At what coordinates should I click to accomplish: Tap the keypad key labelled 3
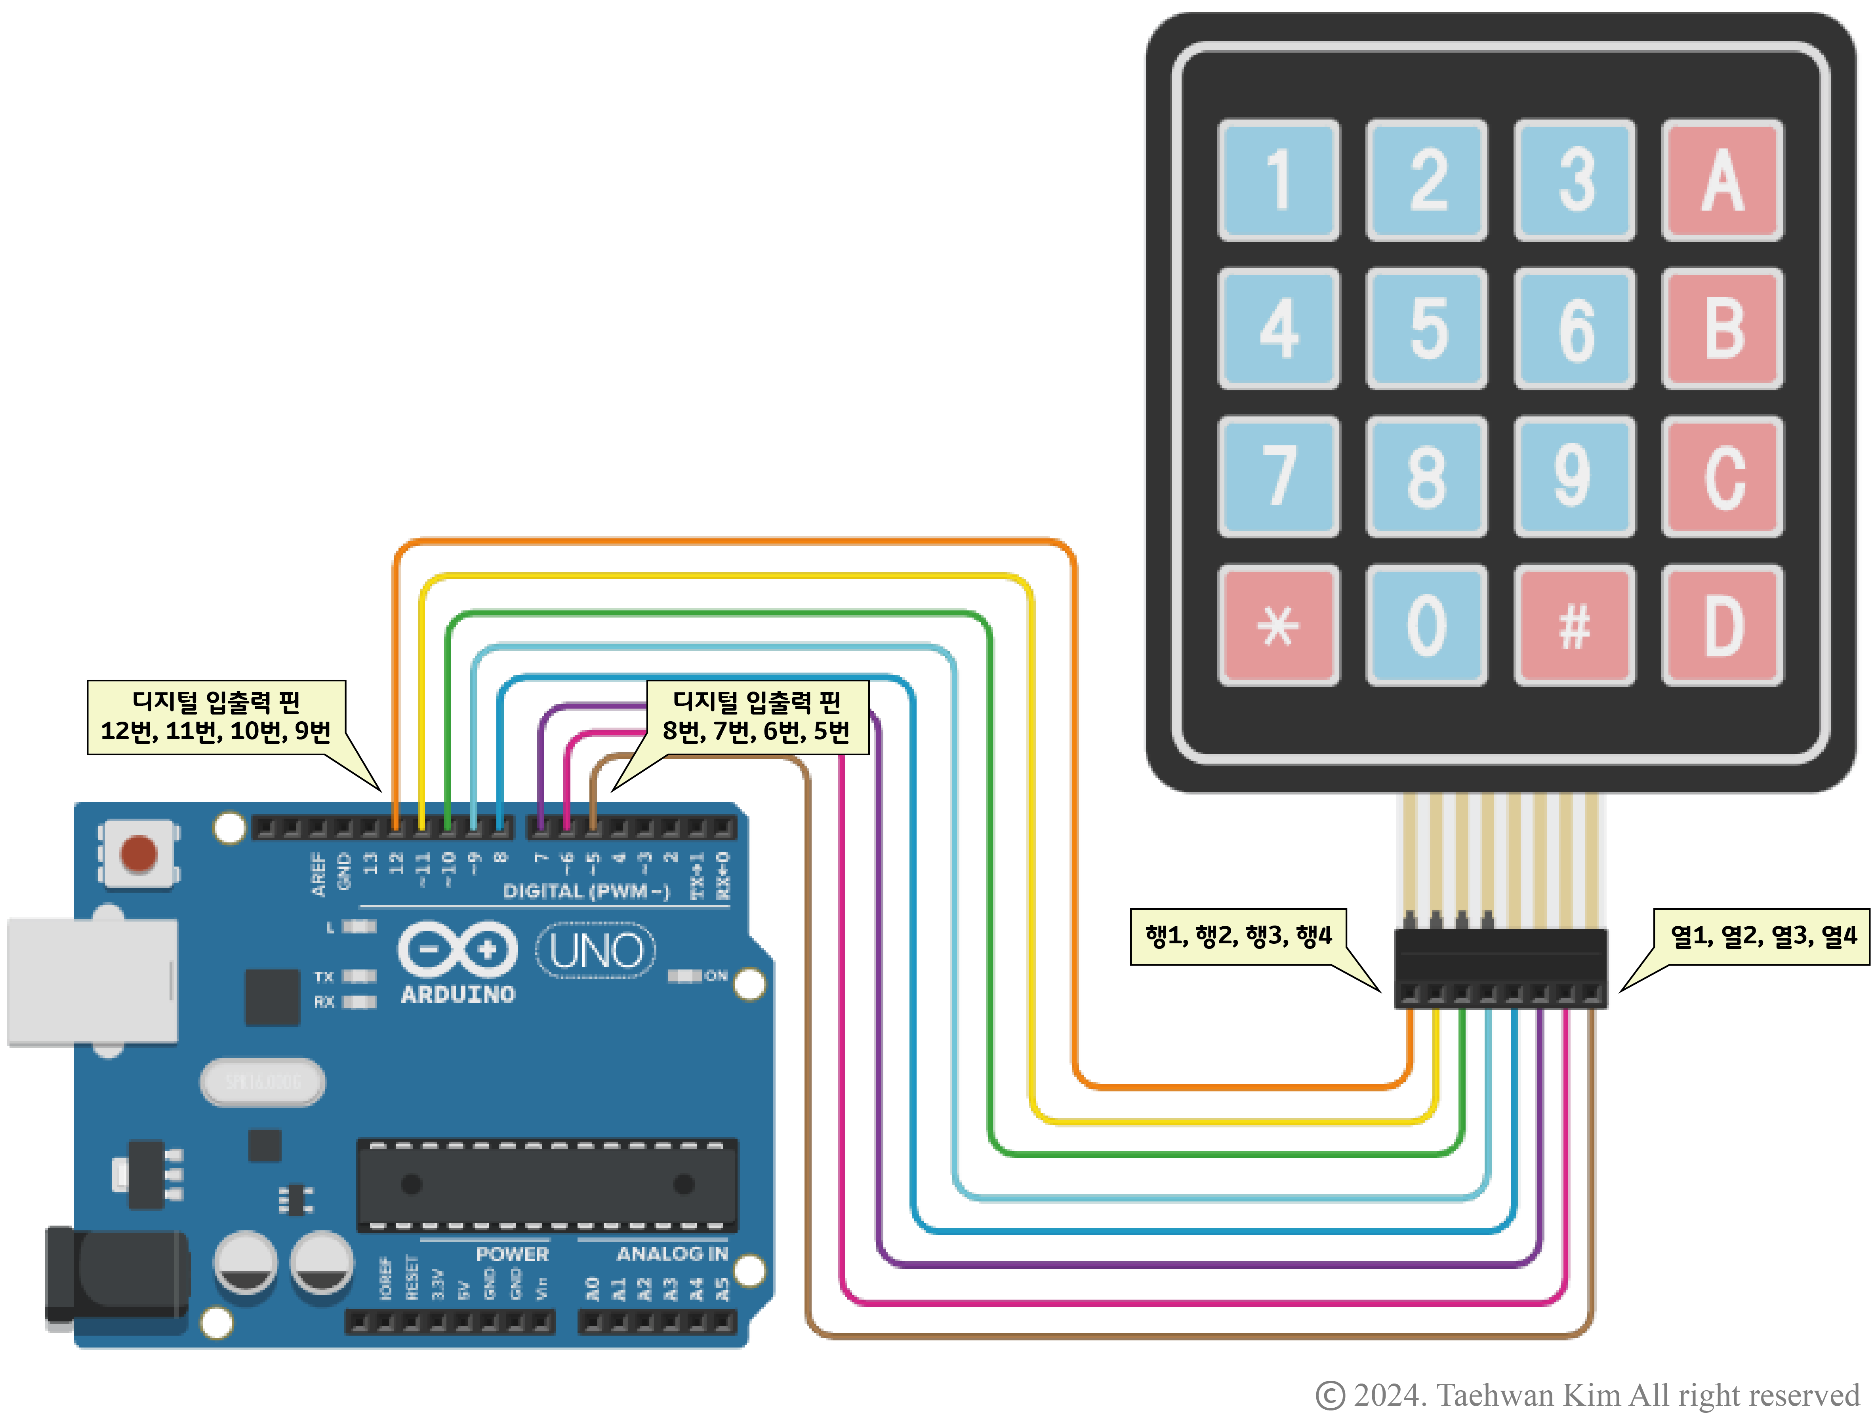[1574, 180]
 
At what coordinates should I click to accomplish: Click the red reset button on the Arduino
[138, 853]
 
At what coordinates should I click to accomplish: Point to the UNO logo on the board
[596, 951]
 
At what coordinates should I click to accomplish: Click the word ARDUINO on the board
[458, 994]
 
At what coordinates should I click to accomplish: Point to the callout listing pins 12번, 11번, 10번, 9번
[216, 717]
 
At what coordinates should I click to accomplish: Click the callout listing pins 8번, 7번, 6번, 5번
[757, 717]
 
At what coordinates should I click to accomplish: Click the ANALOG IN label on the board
[672, 1253]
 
